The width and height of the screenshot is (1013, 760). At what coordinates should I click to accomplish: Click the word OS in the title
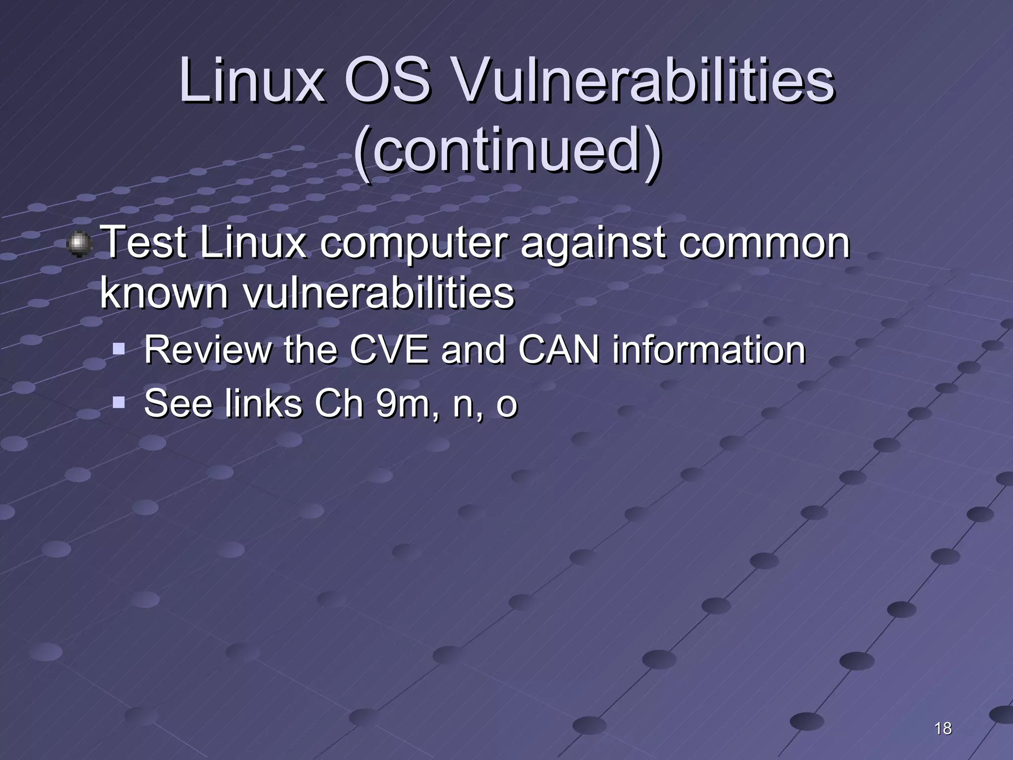pos(387,81)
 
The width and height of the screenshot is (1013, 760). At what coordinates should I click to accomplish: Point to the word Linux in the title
pos(252,81)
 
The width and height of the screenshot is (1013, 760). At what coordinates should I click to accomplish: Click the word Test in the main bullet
pos(145,242)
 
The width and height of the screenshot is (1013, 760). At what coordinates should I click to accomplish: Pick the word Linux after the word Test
pos(253,242)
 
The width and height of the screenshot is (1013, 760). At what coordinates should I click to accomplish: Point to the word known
pos(164,293)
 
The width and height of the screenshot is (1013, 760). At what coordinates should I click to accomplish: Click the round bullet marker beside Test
pos(79,244)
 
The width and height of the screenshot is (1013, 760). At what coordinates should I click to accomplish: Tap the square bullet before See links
pos(119,403)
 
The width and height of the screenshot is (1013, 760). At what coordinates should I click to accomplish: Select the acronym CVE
pos(389,350)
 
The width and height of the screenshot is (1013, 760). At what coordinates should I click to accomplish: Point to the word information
pos(709,350)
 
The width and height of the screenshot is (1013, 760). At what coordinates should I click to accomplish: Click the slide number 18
pos(943,728)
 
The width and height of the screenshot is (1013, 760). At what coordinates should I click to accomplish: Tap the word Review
pos(208,350)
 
